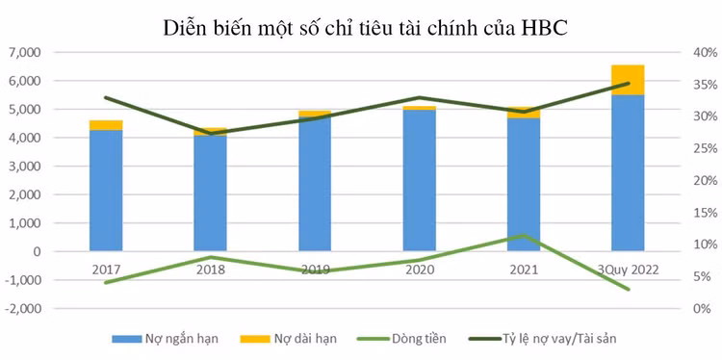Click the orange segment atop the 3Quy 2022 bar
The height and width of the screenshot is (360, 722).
click(x=628, y=80)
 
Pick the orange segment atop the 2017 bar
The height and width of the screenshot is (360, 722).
click(x=106, y=125)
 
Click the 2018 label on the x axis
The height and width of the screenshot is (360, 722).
click(x=210, y=270)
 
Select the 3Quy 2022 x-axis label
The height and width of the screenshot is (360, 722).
click(x=628, y=270)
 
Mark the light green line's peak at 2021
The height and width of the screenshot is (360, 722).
click(x=523, y=235)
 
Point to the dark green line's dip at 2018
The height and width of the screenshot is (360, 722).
click(x=210, y=133)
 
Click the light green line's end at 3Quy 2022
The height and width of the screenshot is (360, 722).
click(x=628, y=289)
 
